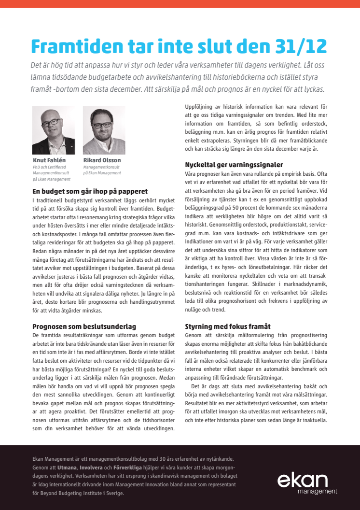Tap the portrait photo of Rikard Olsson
104,130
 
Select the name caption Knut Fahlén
50,160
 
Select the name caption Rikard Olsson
102,160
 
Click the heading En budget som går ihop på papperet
90,191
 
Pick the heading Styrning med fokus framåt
228,326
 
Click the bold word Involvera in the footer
91,468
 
